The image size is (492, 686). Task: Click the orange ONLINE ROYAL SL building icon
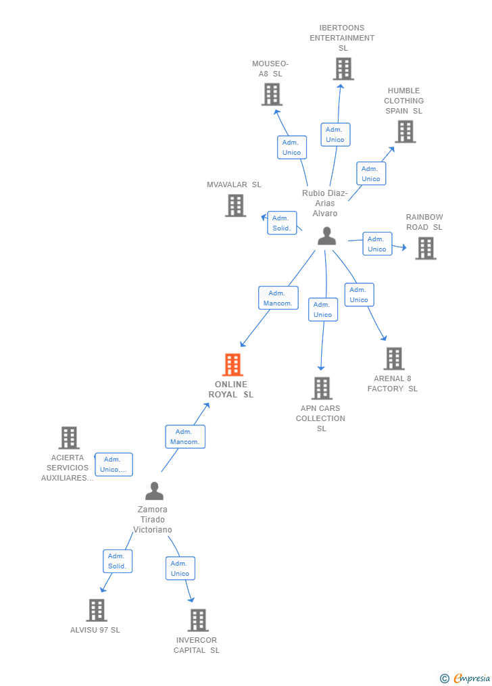pos(232,365)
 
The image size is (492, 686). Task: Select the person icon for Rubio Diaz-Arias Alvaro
pos(326,237)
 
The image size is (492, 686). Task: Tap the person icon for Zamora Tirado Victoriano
pos(154,491)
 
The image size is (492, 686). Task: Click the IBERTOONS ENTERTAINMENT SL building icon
pos(343,69)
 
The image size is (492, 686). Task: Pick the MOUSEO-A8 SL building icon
pos(272,95)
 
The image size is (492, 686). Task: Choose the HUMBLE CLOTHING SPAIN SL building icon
pos(405,132)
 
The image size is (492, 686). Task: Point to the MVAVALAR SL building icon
pos(235,205)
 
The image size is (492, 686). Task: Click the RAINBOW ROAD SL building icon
pos(425,248)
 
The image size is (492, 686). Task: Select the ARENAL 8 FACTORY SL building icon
pos(394,359)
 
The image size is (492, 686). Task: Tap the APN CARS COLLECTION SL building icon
pos(322,389)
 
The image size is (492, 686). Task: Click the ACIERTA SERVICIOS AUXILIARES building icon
pos(69,438)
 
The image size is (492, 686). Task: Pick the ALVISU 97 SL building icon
pos(97,610)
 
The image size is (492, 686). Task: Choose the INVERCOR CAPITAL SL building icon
pos(197,620)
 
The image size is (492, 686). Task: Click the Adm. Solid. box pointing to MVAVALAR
pos(281,223)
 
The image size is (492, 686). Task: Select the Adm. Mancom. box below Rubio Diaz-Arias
pos(278,298)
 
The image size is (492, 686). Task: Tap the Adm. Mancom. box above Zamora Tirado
pos(184,437)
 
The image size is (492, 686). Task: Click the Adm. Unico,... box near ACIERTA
pos(114,464)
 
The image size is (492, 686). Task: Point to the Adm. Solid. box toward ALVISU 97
pos(117,561)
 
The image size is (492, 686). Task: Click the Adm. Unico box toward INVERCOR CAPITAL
pos(180,568)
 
